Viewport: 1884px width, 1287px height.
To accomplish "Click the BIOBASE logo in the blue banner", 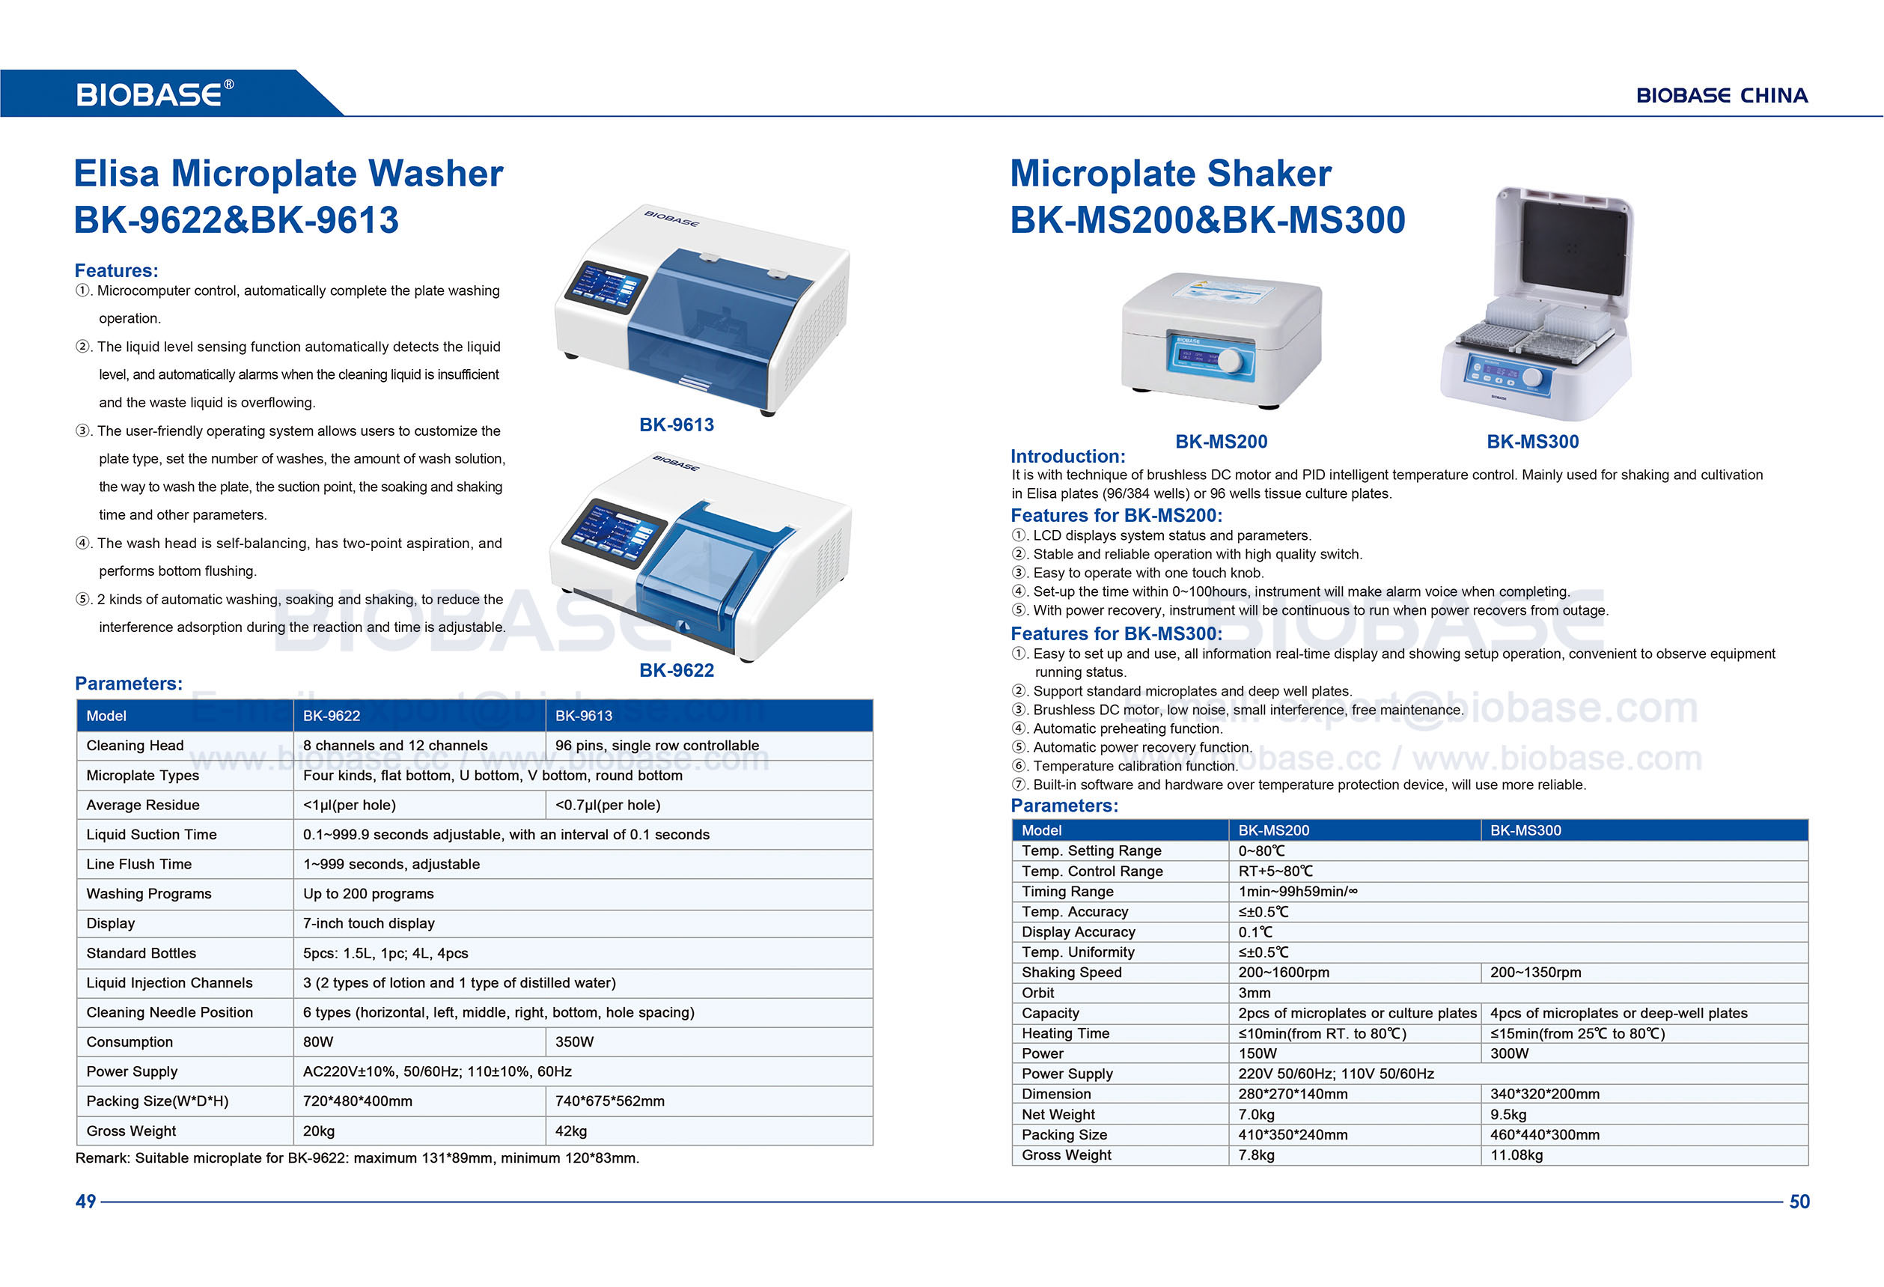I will pos(154,94).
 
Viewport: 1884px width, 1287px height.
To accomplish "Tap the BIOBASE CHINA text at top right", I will pos(1721,96).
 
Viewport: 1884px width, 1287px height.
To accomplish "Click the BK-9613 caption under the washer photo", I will pos(676,425).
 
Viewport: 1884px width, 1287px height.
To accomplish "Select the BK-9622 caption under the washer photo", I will pos(676,671).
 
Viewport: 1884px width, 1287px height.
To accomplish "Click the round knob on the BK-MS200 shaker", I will pos(1229,360).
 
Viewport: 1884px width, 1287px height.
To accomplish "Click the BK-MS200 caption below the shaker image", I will pos(1221,442).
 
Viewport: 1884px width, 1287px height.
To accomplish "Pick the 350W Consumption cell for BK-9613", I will pos(574,1042).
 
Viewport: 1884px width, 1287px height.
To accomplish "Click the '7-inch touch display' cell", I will pos(369,923).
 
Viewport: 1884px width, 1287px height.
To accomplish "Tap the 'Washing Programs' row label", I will pos(148,894).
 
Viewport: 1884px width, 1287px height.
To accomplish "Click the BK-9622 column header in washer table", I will pos(332,716).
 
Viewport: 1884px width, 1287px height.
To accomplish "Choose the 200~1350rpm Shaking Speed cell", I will pos(1534,973).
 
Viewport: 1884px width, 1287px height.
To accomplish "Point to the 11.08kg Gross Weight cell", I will pos(1516,1154).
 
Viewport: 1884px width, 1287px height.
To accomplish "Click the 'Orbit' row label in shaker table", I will pos(1037,993).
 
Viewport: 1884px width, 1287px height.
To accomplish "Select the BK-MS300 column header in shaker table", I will pos(1525,830).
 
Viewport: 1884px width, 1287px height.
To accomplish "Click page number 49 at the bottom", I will pos(85,1201).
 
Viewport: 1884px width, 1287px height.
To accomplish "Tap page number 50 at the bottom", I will pos(1799,1201).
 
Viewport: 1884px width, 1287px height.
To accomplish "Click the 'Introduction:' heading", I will pos(1067,457).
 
